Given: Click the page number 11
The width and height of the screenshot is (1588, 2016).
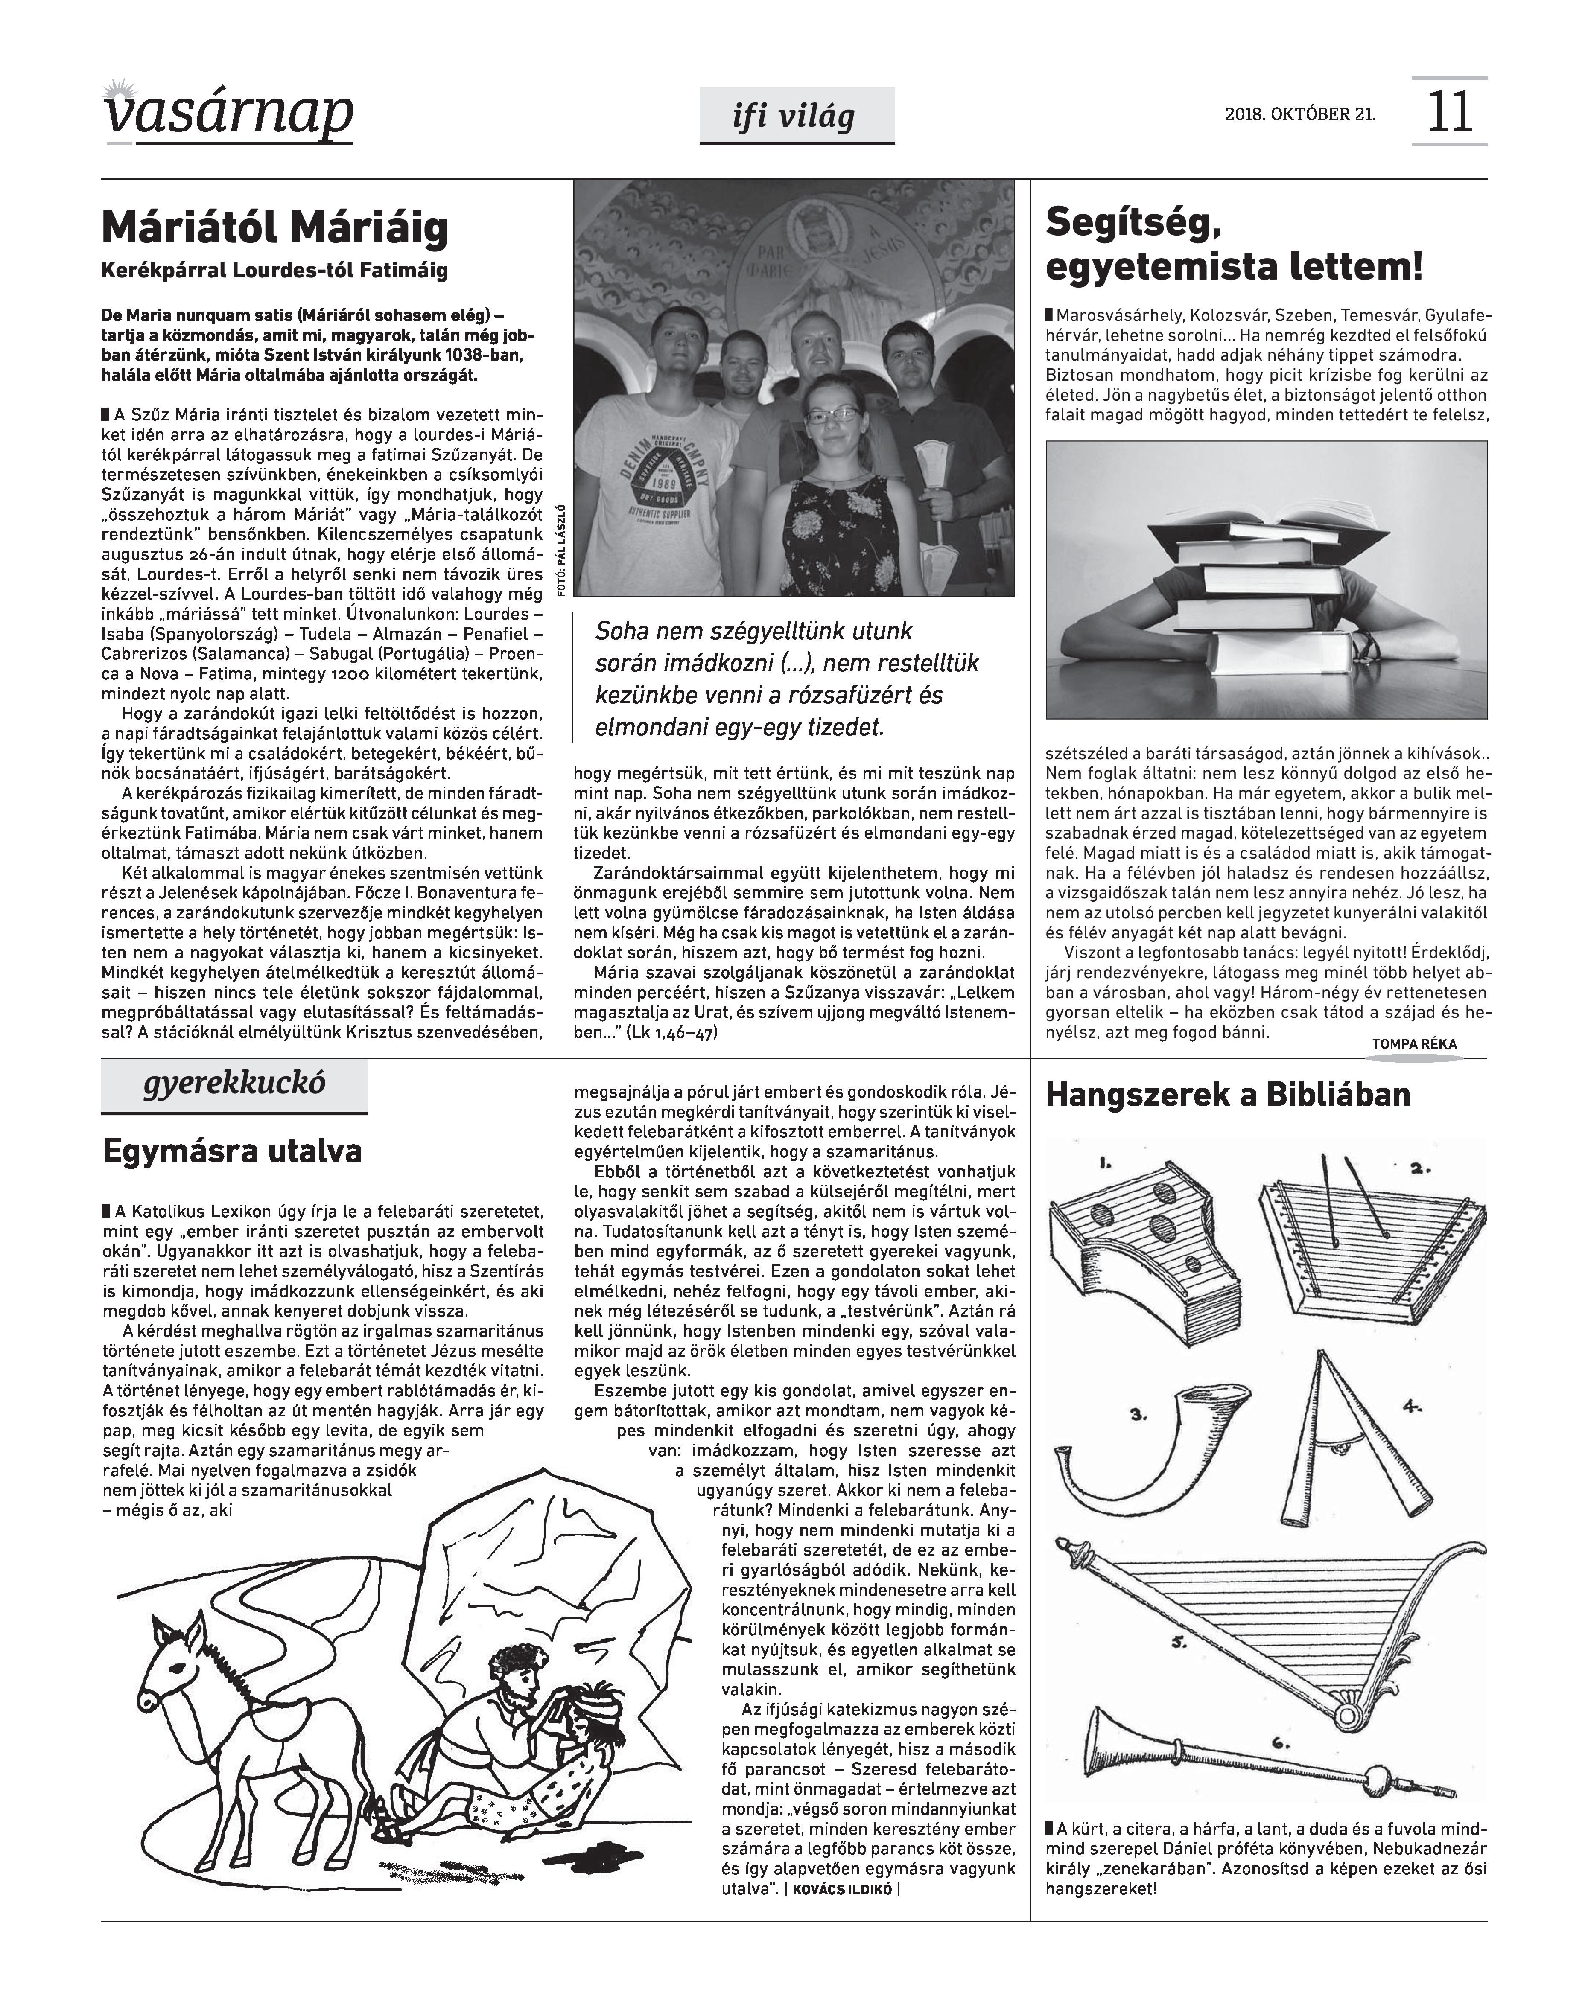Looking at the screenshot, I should (x=1448, y=113).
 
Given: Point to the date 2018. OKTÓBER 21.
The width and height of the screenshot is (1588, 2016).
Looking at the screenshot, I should (x=1300, y=114).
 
